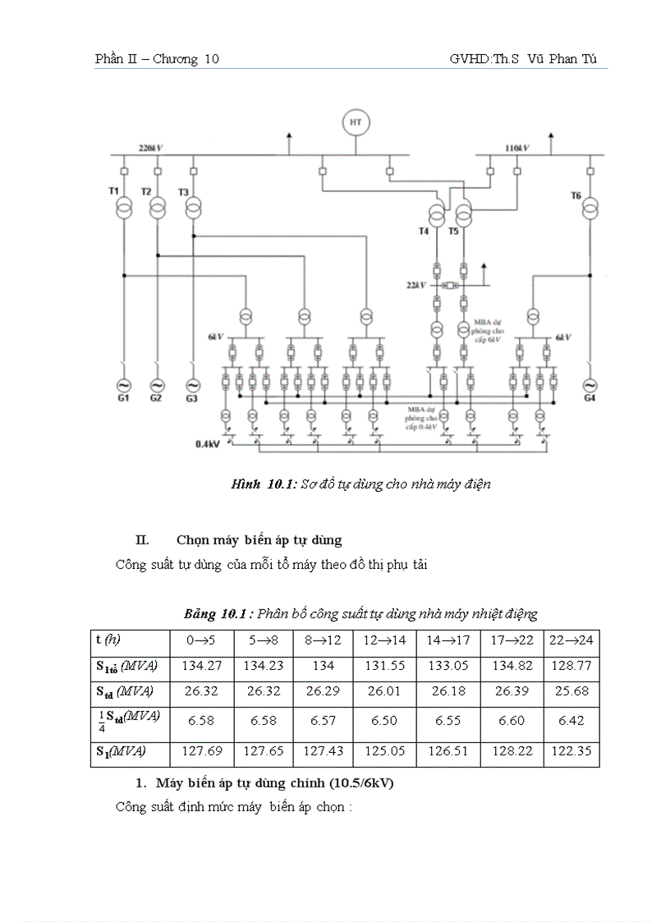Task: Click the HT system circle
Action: (x=356, y=122)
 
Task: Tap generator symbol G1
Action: (x=122, y=385)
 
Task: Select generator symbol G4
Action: (x=589, y=385)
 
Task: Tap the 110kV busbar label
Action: (x=516, y=148)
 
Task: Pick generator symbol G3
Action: (x=193, y=385)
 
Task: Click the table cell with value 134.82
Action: (x=511, y=665)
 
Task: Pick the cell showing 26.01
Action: (x=384, y=691)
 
